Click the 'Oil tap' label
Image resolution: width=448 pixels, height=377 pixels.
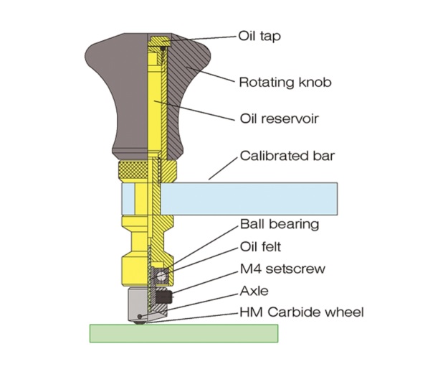click(259, 35)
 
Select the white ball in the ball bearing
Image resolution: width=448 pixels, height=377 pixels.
click(162, 274)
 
